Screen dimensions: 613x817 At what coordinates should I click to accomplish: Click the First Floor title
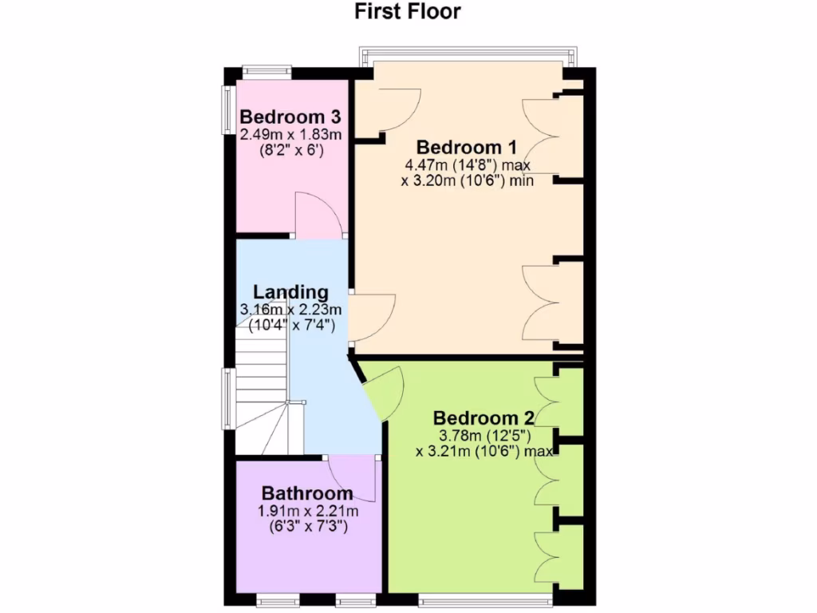click(408, 12)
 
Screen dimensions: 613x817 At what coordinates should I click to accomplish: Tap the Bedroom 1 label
click(467, 148)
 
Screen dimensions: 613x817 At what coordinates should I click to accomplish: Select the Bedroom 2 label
click(483, 418)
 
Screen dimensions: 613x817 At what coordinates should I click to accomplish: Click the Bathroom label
click(307, 493)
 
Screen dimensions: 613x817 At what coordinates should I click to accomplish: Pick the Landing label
click(290, 292)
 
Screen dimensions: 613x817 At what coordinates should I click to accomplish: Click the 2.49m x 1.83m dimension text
click(290, 133)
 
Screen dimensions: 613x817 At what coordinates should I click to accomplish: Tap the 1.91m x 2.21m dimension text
click(307, 511)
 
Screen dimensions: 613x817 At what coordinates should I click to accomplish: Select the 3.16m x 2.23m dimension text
click(290, 310)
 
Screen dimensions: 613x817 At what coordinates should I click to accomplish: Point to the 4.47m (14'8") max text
click(468, 165)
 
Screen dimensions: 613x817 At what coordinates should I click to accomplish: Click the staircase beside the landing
click(261, 391)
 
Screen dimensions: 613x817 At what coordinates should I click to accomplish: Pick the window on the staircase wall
click(228, 399)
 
